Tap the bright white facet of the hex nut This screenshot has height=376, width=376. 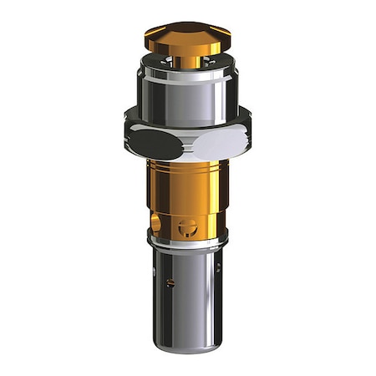tap(221, 143)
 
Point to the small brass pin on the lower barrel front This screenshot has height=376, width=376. tap(171, 283)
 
